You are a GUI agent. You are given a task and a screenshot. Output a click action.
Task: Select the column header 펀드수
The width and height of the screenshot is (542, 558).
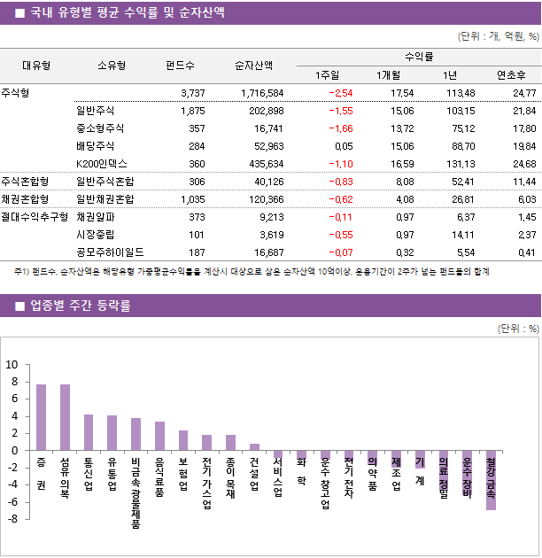point(180,65)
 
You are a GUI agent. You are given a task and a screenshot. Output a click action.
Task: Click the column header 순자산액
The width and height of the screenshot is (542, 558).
point(253,65)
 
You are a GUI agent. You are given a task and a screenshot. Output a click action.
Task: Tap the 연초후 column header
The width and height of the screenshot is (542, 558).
point(512,74)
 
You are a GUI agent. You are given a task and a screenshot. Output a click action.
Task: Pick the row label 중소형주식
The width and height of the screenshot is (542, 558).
point(100,128)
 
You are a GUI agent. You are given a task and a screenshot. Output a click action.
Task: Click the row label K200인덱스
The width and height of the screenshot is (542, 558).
point(102,164)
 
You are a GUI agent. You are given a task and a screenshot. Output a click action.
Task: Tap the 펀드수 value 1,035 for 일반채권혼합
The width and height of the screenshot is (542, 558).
point(191,199)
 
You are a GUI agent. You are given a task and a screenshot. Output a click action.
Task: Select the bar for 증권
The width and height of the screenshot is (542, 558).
point(41,417)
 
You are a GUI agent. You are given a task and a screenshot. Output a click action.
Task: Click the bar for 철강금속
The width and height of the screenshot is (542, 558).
point(491,480)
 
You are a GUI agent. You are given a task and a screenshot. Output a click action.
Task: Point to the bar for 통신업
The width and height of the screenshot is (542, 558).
point(89,432)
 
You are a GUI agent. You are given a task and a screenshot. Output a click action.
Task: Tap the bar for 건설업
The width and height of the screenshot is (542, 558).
point(254,446)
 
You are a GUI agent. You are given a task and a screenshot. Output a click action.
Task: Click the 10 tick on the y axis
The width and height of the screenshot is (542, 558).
point(12,364)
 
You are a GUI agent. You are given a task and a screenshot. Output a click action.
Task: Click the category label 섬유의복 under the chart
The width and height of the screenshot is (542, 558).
point(65,478)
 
